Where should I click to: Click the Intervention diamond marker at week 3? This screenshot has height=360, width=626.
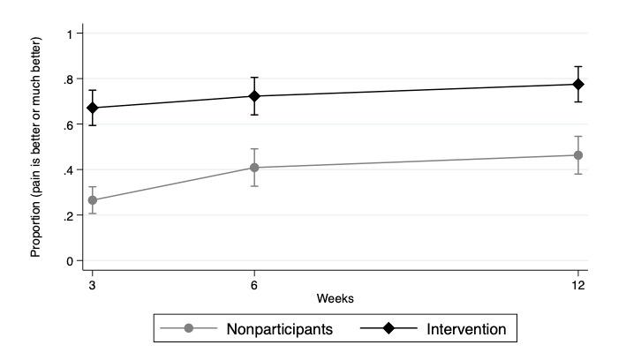coord(92,108)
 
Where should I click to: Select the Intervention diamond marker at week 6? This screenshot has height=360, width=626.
coord(254,96)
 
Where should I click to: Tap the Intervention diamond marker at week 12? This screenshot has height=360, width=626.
coord(578,85)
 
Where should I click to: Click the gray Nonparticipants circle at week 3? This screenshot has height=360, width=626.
coord(92,200)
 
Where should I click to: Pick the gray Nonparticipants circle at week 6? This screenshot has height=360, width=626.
coord(254,168)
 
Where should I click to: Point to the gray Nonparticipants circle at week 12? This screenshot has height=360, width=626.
coord(578,155)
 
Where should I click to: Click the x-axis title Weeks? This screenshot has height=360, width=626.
coord(336,299)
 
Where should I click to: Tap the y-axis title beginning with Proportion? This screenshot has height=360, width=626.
coord(36,146)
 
